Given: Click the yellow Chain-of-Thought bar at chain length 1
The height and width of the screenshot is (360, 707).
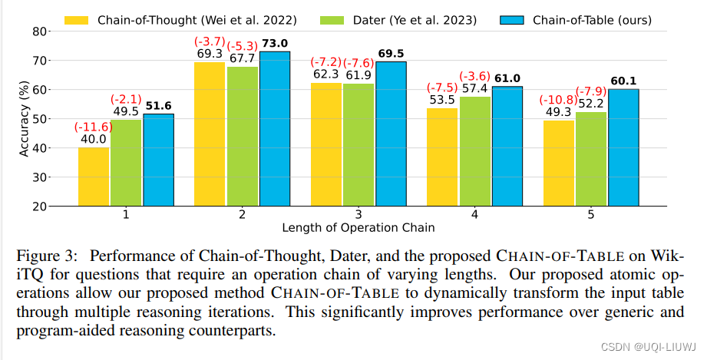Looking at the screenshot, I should coord(93,177).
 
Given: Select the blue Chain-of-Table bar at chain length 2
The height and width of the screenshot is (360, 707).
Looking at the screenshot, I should coord(275,129).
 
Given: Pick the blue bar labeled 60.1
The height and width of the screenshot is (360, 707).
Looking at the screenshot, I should coord(623,147).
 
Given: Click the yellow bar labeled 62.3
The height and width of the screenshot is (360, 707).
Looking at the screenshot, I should coord(325,145).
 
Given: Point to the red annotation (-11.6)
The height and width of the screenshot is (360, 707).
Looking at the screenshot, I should coord(93,126).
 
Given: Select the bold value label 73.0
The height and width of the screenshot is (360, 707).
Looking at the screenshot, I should coord(275,45).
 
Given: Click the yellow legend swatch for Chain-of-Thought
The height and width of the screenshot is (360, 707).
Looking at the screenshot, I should coord(78,20).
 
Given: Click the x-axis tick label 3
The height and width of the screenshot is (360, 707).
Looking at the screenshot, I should coord(358,216).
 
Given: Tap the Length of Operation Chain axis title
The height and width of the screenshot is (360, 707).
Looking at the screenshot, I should coord(358,228).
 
